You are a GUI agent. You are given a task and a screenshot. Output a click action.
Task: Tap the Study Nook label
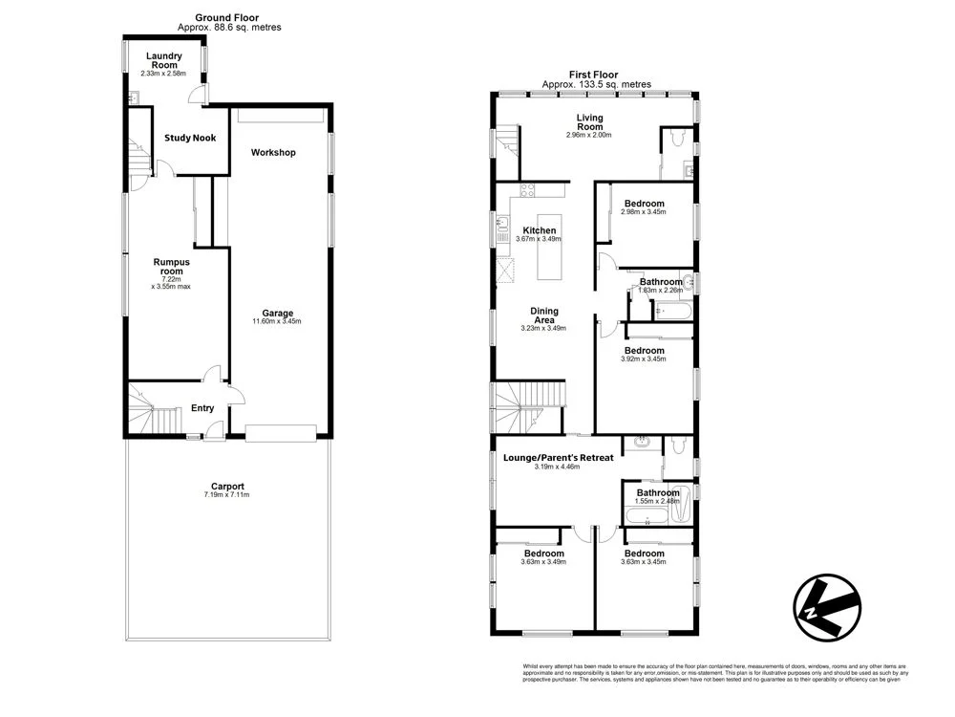coord(190,138)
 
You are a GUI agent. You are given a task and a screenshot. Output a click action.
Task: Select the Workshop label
coord(273,153)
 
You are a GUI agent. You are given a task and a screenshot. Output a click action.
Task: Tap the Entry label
coord(202,408)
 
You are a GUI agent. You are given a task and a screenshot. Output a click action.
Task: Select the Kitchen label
coord(540,230)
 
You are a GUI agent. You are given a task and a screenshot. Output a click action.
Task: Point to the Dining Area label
coord(543,315)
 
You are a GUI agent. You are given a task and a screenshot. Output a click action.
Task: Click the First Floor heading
coord(593,75)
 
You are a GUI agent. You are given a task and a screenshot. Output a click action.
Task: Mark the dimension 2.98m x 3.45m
coord(645,212)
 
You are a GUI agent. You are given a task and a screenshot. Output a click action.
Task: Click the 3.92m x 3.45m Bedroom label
coord(645,351)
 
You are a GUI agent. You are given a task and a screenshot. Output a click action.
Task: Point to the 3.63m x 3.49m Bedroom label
coord(544,554)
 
